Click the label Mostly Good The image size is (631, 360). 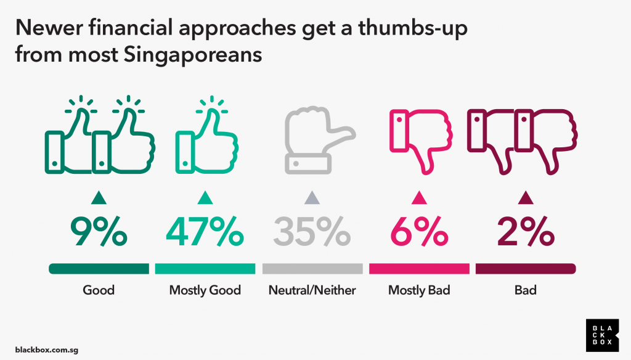coord(205,290)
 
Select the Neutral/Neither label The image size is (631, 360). coord(312,290)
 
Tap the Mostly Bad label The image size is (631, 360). coord(419,290)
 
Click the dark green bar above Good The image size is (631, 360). coord(99,269)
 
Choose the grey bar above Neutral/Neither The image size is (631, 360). coord(312,269)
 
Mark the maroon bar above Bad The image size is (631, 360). coord(525,269)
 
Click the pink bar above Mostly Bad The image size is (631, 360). coord(419,269)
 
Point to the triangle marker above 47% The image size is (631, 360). coord(205,198)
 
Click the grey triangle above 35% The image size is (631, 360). coord(312,198)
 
